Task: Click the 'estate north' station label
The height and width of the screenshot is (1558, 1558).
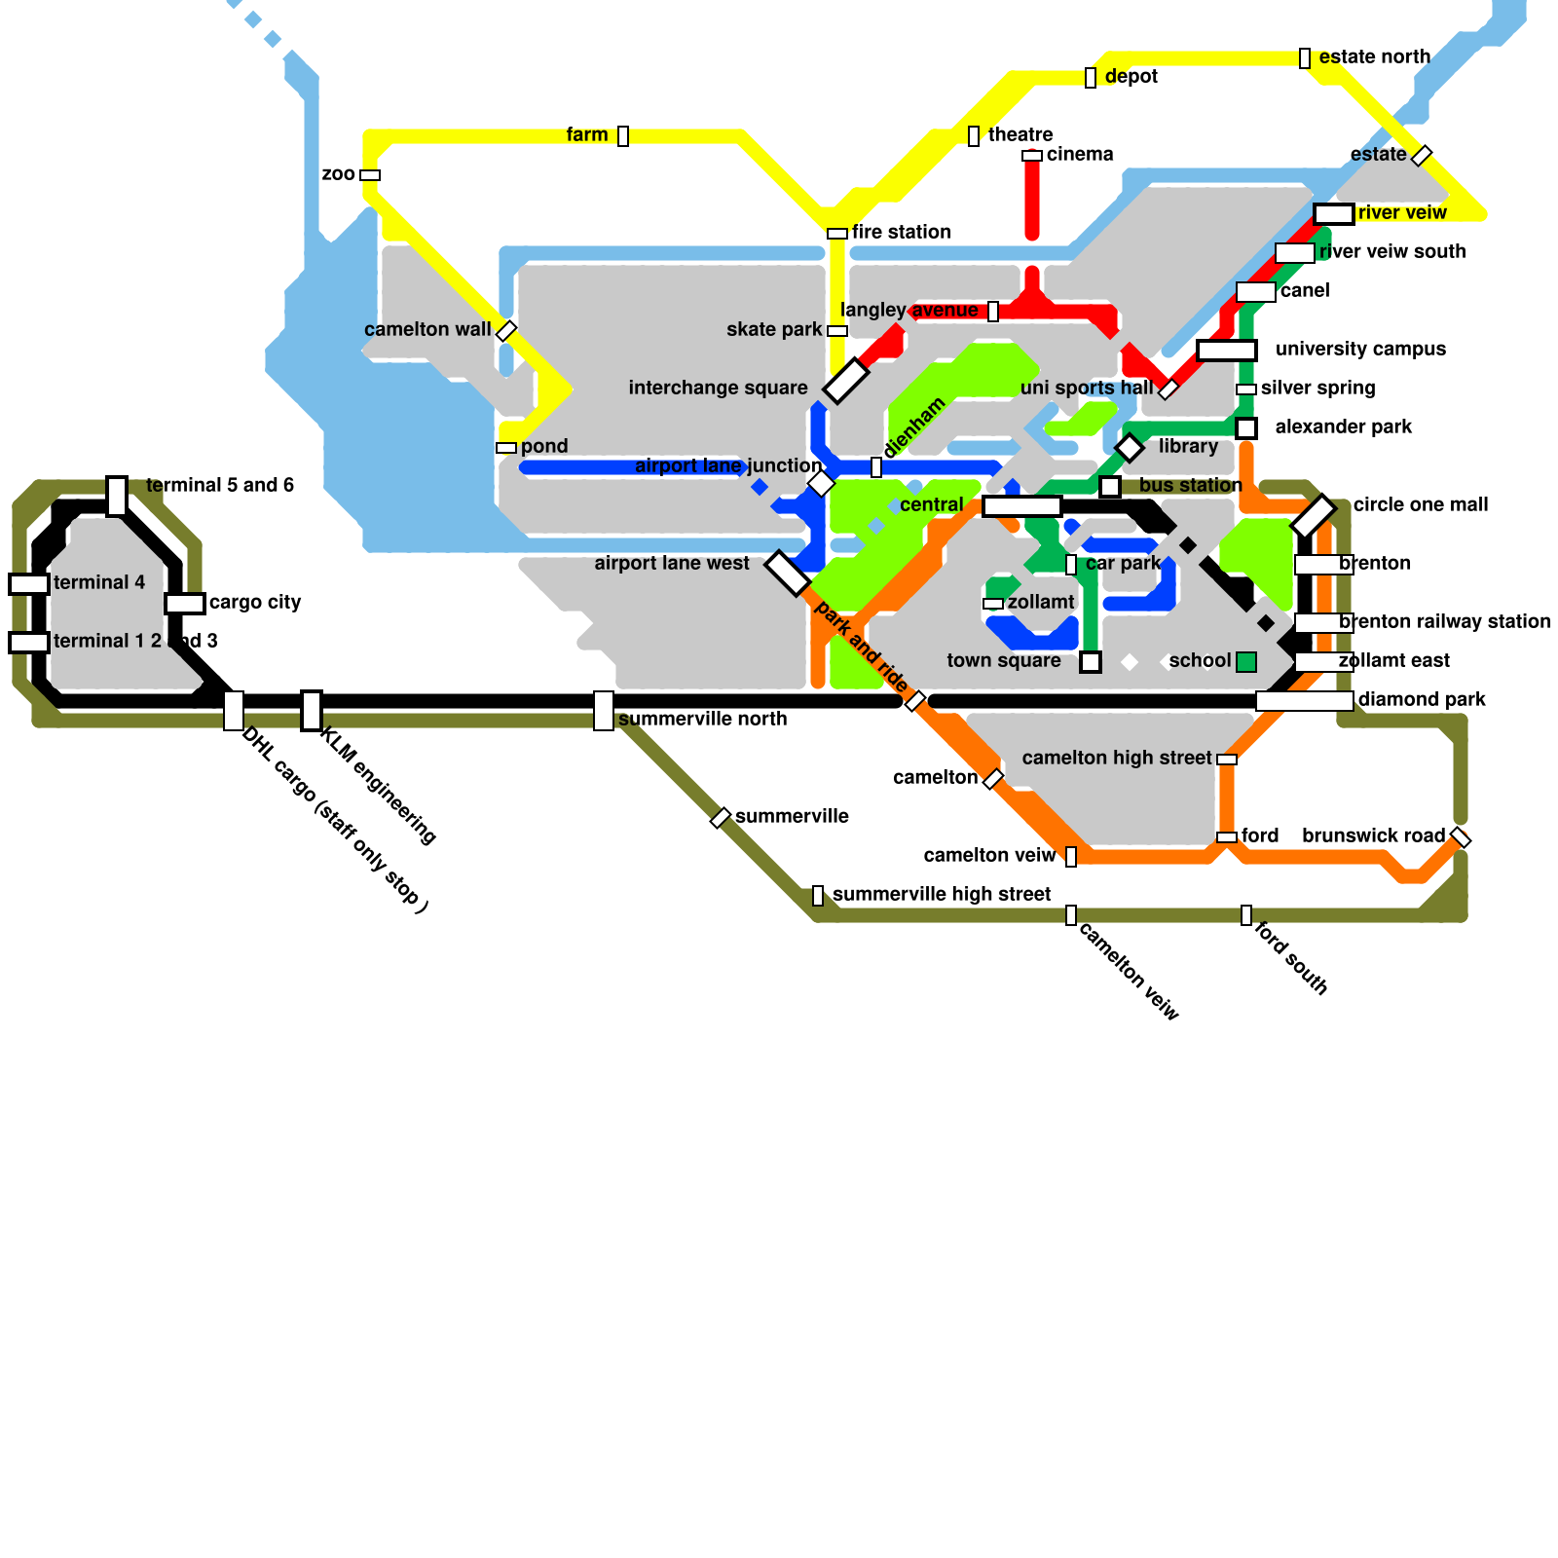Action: click(x=1374, y=57)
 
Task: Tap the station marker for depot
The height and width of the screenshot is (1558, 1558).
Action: click(x=1091, y=78)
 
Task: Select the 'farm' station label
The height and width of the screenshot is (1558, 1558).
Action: click(x=586, y=135)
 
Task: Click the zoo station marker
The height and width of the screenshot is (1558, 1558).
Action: click(x=370, y=175)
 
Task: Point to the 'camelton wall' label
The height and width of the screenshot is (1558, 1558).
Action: click(x=427, y=330)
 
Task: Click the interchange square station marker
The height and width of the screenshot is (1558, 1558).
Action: click(x=845, y=380)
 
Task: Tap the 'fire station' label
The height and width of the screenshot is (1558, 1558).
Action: click(x=901, y=233)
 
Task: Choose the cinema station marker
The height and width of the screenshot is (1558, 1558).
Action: click(x=1032, y=156)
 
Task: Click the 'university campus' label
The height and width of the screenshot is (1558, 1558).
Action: click(x=1360, y=350)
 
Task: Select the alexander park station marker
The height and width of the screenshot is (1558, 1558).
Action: click(x=1246, y=428)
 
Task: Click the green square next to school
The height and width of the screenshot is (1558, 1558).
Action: click(x=1246, y=662)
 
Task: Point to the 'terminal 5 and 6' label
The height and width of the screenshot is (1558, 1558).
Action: click(x=219, y=486)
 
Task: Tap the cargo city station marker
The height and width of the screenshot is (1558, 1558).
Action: click(x=185, y=604)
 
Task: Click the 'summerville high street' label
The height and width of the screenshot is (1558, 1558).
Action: click(x=941, y=895)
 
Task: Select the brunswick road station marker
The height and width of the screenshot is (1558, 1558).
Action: click(x=1461, y=837)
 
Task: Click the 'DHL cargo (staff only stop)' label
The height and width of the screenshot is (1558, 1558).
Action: click(x=335, y=820)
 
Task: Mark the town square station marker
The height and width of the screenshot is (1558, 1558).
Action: click(x=1091, y=662)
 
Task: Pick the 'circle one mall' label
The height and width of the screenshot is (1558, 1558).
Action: click(x=1420, y=505)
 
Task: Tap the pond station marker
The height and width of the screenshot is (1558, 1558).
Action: click(x=506, y=448)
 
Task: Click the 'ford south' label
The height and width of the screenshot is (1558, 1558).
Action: click(x=1291, y=958)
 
